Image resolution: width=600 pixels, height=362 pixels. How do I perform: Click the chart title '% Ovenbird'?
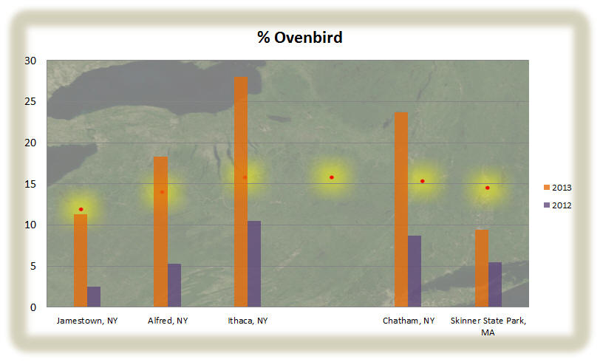299,38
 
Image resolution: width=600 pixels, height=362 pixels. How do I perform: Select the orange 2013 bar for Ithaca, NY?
241,192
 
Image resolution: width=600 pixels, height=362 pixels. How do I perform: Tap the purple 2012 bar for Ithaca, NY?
254,264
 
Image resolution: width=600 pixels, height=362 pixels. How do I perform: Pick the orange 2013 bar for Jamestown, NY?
81,261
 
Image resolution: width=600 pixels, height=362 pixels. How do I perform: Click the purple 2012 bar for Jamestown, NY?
94,296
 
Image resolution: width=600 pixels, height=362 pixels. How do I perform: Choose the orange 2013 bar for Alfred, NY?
161,231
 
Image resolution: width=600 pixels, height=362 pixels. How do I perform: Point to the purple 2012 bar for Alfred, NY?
174,285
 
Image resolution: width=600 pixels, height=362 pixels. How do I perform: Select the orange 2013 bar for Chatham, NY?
401,210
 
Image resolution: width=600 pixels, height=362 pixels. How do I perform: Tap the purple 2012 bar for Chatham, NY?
415,271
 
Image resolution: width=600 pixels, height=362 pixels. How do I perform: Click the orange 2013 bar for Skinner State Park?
481,268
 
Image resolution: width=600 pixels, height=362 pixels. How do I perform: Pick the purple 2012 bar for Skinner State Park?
495,284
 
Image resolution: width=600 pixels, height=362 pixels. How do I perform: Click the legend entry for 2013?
558,188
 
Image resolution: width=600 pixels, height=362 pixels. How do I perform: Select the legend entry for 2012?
558,205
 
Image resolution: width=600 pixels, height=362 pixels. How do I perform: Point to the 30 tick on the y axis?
30,61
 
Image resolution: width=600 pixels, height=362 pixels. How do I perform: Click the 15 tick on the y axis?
30,184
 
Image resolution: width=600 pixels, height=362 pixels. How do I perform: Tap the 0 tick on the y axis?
33,307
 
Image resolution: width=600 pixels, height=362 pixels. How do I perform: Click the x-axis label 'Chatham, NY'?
409,321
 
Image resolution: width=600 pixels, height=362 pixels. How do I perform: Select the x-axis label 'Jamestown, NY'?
87,321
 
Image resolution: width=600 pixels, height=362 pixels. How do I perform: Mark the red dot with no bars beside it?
332,177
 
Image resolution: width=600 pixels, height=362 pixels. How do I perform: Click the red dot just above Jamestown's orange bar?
81,209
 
